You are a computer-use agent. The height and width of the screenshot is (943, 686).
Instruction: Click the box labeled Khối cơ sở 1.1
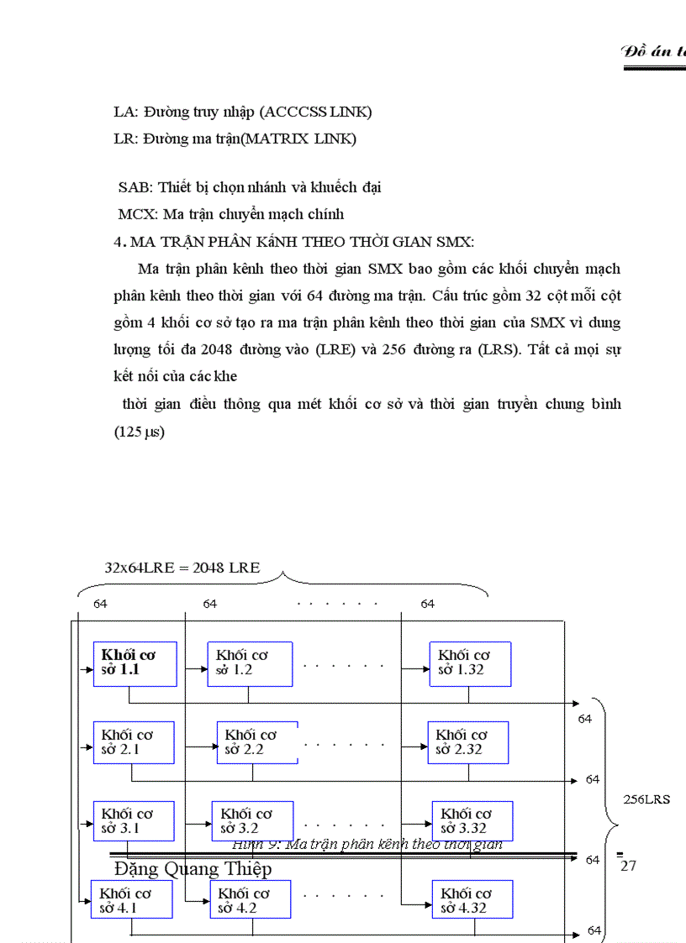(135, 663)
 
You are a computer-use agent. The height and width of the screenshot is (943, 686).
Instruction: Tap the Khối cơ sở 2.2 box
(257, 742)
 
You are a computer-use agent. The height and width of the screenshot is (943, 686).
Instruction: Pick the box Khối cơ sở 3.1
(134, 821)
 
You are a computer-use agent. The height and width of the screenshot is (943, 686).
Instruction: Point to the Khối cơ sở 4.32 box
(472, 900)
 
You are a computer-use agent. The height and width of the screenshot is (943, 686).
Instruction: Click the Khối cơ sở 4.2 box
(250, 900)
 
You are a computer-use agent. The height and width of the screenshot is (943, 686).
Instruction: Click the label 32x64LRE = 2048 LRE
(182, 568)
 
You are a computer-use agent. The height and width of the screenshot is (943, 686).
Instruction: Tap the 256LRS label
(646, 799)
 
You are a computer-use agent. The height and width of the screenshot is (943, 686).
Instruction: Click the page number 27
(628, 866)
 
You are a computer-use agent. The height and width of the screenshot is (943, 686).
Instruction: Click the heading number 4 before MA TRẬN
(118, 243)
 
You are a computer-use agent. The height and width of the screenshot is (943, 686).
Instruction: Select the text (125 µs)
(140, 432)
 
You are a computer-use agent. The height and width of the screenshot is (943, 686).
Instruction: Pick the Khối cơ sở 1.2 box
(250, 663)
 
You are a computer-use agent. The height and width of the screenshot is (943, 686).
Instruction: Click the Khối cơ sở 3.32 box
(472, 821)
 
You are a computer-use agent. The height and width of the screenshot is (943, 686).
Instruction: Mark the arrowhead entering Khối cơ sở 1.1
(89, 671)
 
